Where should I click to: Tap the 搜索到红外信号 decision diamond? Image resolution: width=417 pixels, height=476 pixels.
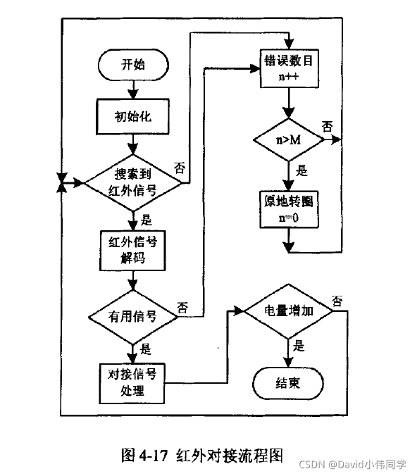134,182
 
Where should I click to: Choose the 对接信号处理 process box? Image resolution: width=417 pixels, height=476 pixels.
132,382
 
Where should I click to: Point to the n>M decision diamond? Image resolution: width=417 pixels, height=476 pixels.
289,140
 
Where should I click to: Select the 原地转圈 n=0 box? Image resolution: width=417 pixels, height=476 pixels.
289,209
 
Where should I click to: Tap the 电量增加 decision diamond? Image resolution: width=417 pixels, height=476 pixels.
289,310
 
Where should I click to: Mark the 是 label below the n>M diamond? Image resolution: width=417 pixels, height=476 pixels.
302,170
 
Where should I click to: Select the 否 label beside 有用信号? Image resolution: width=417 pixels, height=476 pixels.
182,306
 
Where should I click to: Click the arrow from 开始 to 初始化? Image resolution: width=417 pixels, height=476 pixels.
133,89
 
